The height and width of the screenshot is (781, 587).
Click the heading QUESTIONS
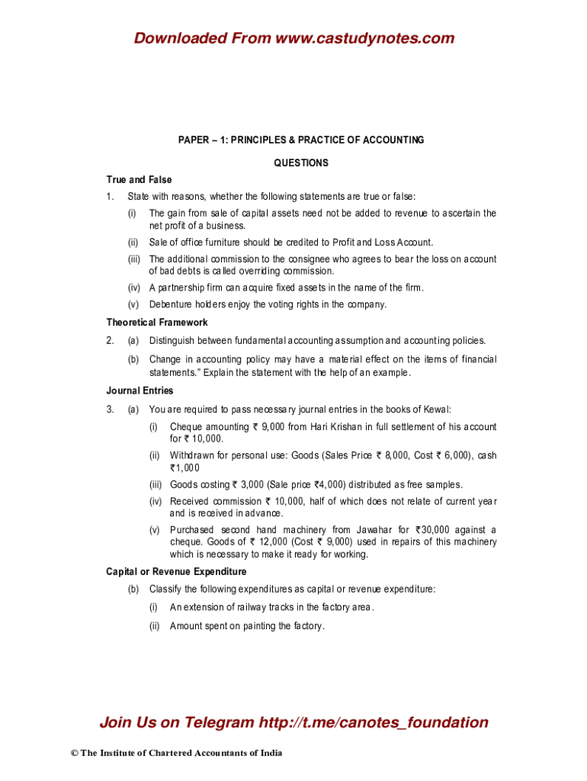point(301,162)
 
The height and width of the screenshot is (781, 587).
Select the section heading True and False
point(139,180)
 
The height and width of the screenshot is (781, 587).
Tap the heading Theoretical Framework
point(156,323)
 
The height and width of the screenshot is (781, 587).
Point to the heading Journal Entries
point(140,390)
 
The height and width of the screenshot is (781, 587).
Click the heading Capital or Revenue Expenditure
point(176,571)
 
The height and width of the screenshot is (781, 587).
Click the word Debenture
point(169,304)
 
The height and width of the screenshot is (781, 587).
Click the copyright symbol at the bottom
point(74,754)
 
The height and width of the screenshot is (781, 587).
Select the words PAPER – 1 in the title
point(200,140)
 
